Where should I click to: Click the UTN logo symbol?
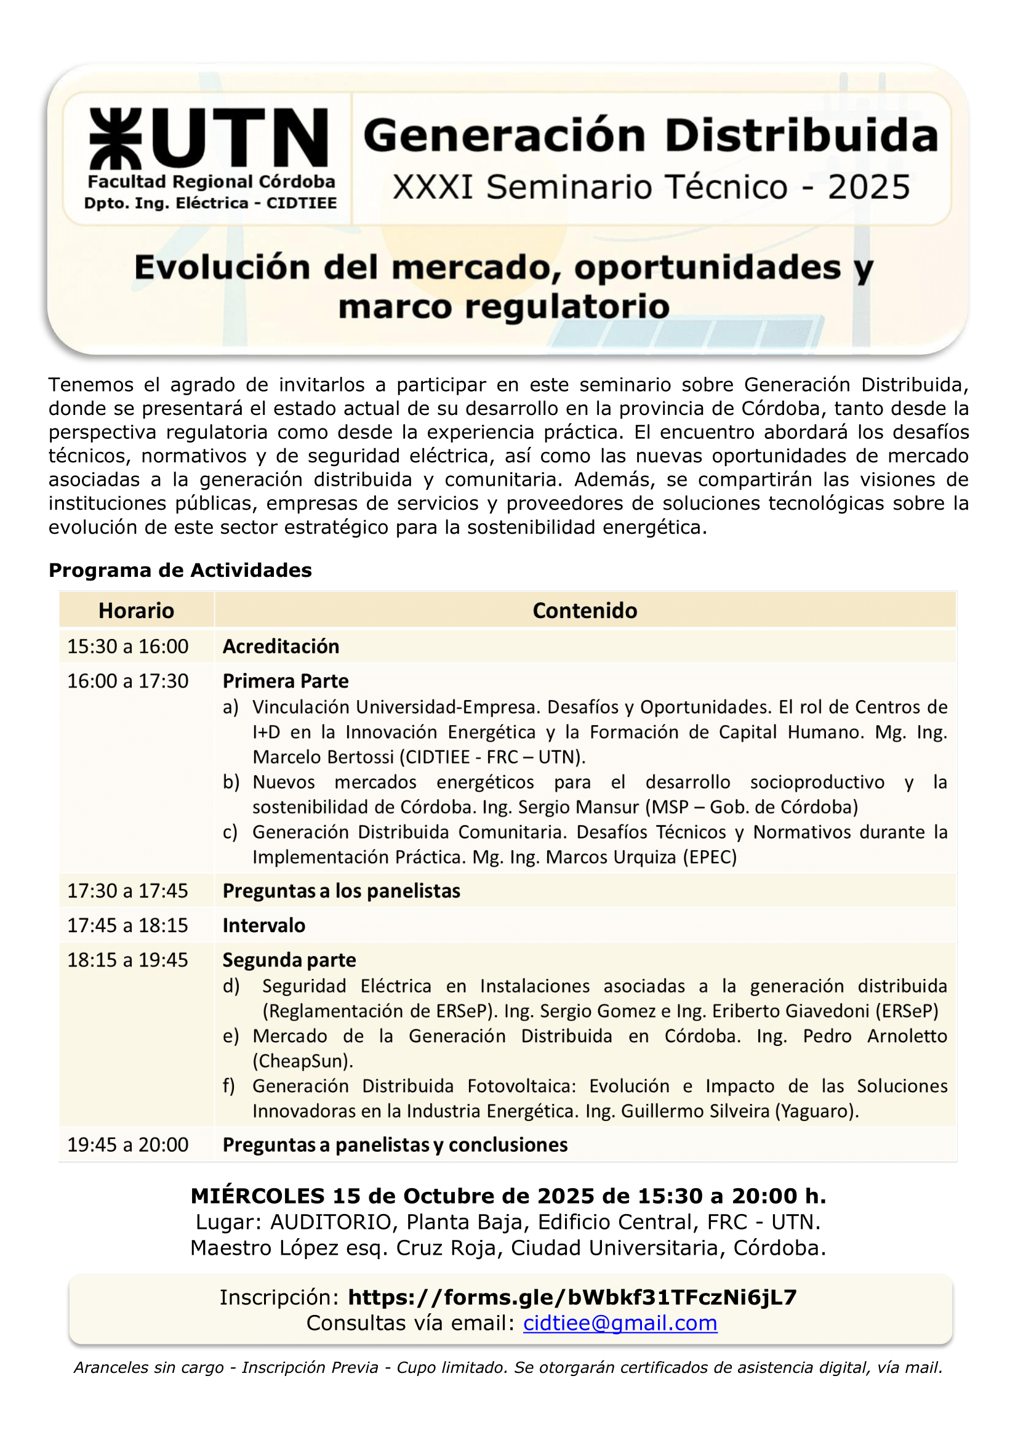pos(116,139)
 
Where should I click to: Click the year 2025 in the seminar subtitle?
pos(869,188)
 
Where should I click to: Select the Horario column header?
pos(136,610)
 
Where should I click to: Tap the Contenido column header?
pos(584,610)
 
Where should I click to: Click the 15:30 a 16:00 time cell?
pos(128,646)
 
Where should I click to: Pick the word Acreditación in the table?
pos(281,646)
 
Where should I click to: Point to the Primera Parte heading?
pos(286,680)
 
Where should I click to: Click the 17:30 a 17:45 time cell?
pos(128,891)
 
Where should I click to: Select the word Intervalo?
pos(264,925)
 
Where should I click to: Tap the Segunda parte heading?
pos(289,960)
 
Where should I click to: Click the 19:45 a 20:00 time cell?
pos(128,1144)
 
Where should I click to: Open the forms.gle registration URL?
pos(572,1297)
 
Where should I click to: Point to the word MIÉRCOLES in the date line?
pos(258,1196)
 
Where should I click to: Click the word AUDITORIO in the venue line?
pos(331,1221)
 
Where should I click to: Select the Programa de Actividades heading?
pos(180,570)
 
